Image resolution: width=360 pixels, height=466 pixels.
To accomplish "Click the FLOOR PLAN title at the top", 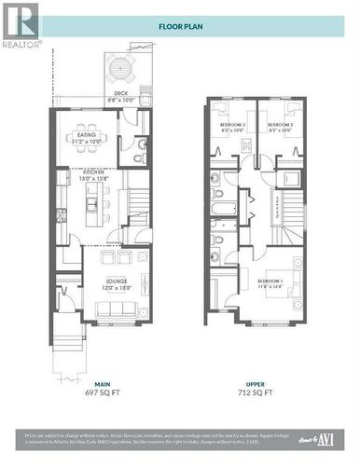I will (180, 27).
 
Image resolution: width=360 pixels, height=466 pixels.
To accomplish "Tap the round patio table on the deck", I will (121, 68).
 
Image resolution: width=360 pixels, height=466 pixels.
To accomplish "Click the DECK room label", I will (121, 93).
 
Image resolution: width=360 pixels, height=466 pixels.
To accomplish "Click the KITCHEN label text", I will (94, 172).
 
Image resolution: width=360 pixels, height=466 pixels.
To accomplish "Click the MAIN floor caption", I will (102, 384).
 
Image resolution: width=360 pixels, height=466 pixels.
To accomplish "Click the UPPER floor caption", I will (258, 384).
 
